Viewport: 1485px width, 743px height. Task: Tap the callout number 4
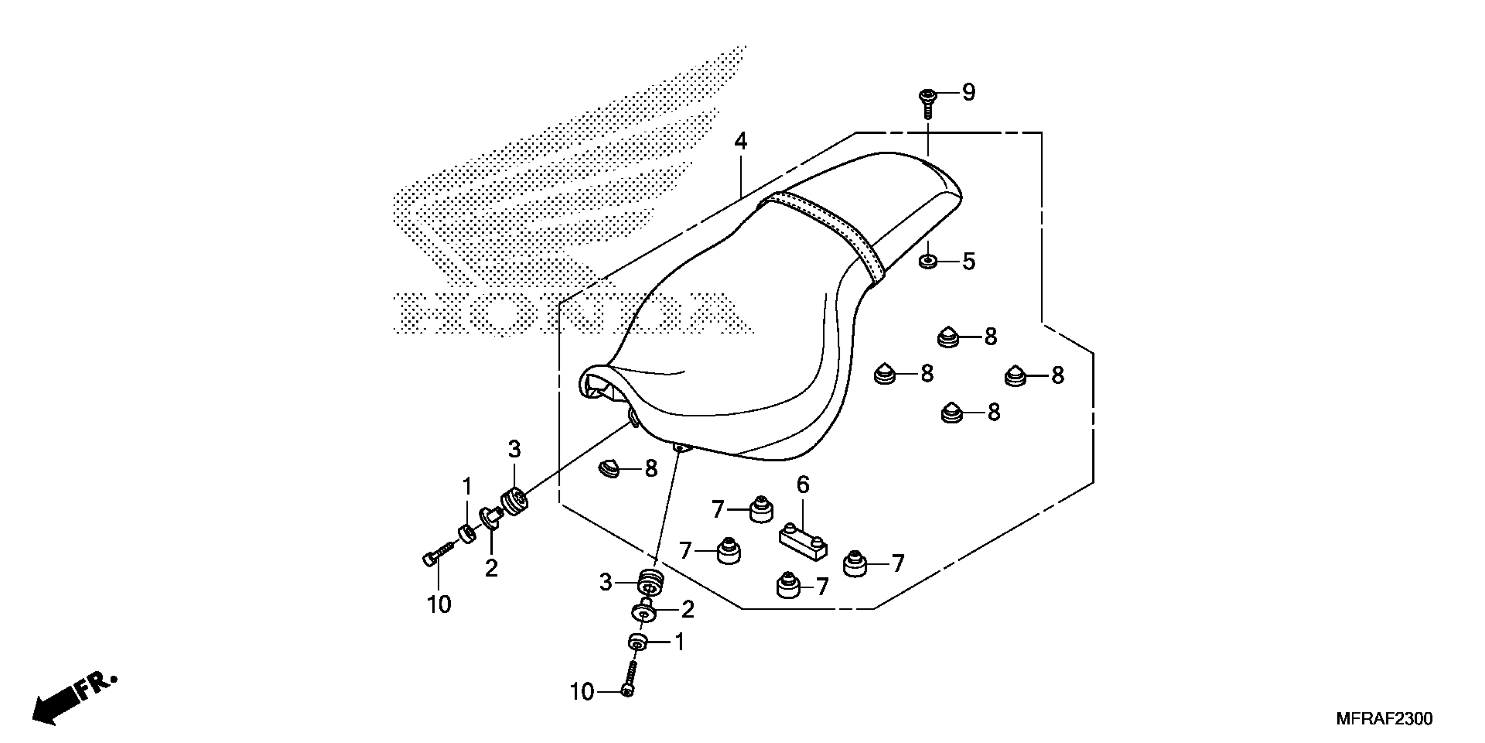point(741,141)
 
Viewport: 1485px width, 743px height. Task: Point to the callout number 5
point(969,262)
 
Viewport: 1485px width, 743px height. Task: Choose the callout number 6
point(803,485)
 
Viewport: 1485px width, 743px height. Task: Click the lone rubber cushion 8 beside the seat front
point(607,469)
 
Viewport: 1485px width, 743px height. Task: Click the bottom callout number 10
point(582,692)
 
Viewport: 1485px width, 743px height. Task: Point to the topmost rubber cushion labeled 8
point(948,337)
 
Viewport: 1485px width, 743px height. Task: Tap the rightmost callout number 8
point(1057,376)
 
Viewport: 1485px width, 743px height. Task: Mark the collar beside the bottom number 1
point(636,642)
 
